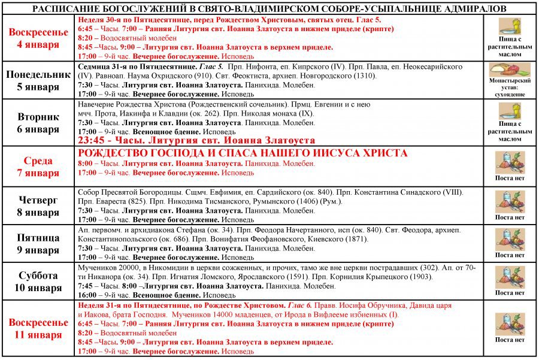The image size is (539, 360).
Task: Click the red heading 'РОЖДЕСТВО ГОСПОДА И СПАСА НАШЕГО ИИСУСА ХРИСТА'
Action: tap(243, 153)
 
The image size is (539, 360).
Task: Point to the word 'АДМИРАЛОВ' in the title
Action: tap(477, 8)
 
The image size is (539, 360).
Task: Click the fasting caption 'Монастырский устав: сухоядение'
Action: tap(510, 87)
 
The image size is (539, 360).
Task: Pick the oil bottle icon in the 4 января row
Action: tap(510, 26)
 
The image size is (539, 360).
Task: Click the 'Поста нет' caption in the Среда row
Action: tap(510, 178)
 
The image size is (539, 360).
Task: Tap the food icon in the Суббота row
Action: tap(510, 277)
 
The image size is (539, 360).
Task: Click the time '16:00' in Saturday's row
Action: tap(87, 295)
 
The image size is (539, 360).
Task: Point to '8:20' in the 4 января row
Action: tap(86, 37)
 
